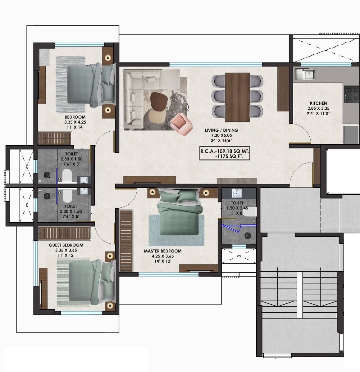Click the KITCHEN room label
[x=318, y=103]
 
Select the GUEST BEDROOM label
[x=66, y=245]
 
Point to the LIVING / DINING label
[x=221, y=131]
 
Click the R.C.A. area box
[x=225, y=154]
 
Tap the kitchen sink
[x=305, y=74]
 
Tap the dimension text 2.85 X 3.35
[x=318, y=108]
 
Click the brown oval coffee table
[x=159, y=101]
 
